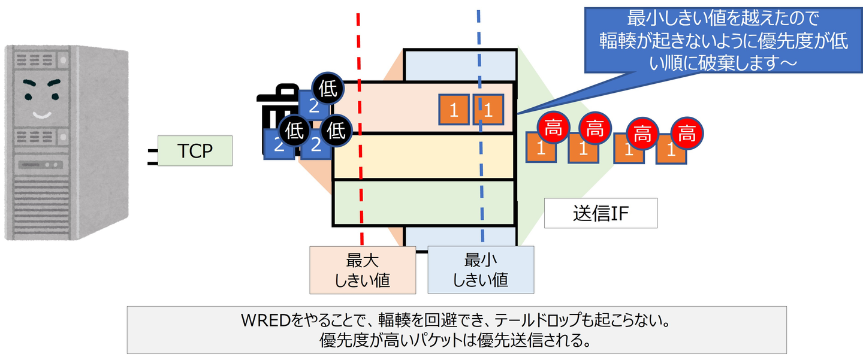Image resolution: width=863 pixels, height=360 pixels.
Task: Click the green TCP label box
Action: [194, 151]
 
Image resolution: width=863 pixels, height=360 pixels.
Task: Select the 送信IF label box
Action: [601, 213]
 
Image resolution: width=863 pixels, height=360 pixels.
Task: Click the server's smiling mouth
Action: [41, 114]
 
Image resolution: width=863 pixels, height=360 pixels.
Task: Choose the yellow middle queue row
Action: [424, 156]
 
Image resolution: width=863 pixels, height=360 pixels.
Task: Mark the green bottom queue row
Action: [424, 202]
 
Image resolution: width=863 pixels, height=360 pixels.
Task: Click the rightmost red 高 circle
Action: [687, 134]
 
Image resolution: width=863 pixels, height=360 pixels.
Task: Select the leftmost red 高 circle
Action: [553, 128]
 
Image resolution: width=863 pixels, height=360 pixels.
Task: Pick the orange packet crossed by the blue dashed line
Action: [488, 109]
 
